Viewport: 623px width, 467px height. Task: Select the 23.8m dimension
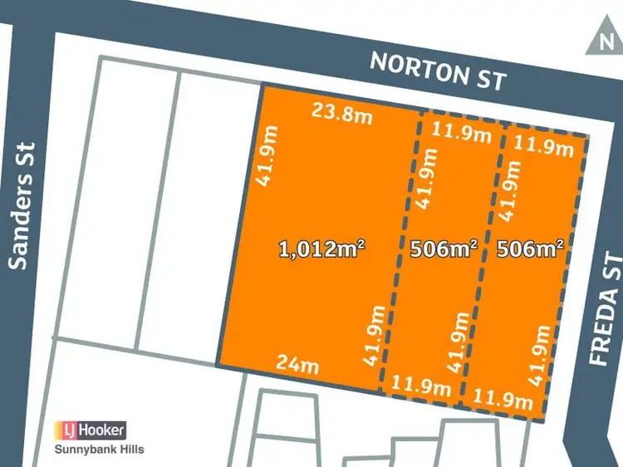pyautogui.click(x=341, y=113)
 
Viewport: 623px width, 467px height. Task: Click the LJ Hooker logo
pyautogui.click(x=91, y=430)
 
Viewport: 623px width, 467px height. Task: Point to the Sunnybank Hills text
pyautogui.click(x=99, y=450)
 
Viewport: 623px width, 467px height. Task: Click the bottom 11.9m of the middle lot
pyautogui.click(x=421, y=386)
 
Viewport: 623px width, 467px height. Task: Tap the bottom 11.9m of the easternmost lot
pyautogui.click(x=503, y=399)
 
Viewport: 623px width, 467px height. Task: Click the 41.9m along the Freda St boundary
pyautogui.click(x=541, y=353)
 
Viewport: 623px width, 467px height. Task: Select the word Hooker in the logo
pyautogui.click(x=101, y=430)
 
